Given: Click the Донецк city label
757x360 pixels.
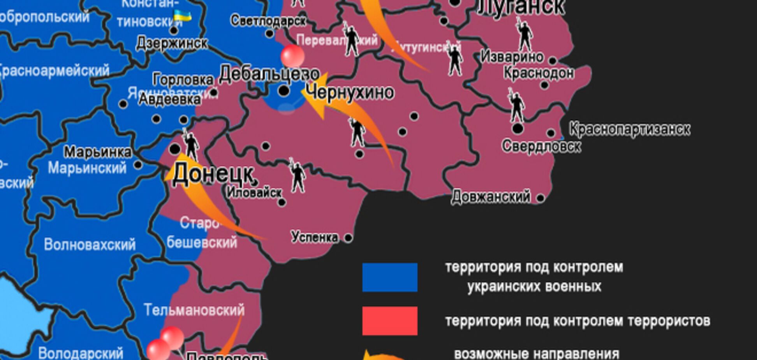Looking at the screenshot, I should point(213,174).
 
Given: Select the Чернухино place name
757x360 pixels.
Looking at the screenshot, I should point(350,92).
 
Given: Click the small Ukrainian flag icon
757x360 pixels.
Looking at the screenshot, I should point(182,16).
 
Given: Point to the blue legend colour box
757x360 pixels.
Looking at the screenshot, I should point(389,277).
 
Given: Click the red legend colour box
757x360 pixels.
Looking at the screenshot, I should point(389,321).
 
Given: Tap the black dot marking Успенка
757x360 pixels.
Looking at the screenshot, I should point(349,238).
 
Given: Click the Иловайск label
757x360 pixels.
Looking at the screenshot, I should point(254,192).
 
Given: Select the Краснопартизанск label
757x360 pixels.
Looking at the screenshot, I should point(630,129).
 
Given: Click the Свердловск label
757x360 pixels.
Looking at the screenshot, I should point(541,146).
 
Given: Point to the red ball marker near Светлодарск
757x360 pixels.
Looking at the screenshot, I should point(292,56).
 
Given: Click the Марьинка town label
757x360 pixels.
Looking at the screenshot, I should point(97,152).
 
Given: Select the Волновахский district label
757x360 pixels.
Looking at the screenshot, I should point(90,245).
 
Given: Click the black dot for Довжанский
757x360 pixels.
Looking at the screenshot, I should point(540,198).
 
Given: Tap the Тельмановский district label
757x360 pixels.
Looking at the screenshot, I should point(194,310).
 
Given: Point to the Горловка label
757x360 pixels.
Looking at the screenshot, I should point(183,80).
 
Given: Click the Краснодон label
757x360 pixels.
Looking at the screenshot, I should point(538,73).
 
